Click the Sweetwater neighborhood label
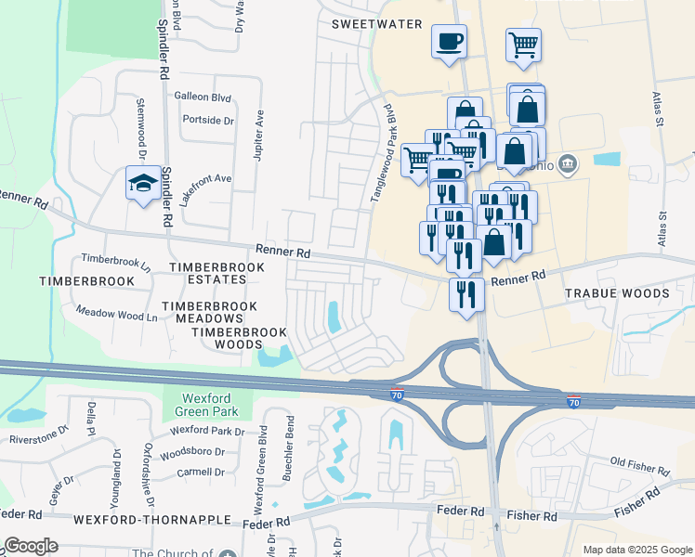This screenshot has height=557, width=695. [x=376, y=24]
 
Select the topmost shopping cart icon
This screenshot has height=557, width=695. [x=524, y=45]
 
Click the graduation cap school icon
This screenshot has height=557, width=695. [x=144, y=184]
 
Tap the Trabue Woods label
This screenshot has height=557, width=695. [x=617, y=293]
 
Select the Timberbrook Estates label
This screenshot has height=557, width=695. [x=216, y=273]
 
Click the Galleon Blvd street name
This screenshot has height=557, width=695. [x=202, y=96]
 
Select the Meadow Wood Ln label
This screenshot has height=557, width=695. [x=116, y=314]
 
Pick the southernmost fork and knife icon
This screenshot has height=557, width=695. [x=465, y=295]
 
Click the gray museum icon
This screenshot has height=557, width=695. [x=569, y=165]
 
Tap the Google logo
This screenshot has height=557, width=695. [x=31, y=546]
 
